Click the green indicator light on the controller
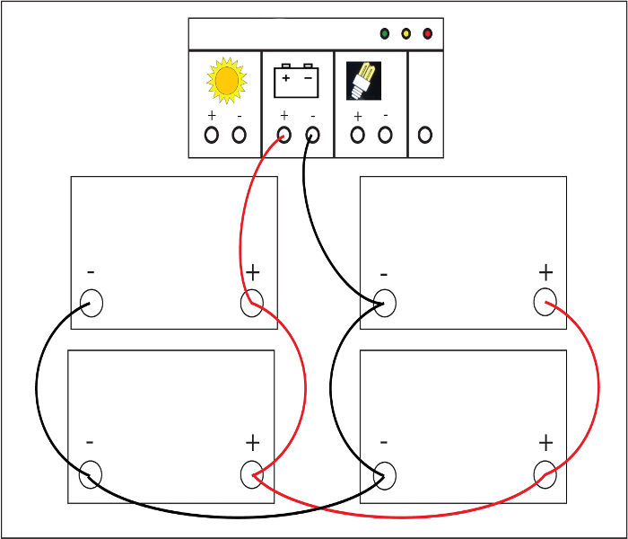(384, 34)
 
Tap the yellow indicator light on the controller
(406, 34)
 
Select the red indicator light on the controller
(427, 34)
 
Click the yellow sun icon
(226, 80)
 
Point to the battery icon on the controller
(296, 81)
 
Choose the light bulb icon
(363, 80)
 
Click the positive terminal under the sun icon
(212, 135)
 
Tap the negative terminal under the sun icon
(239, 135)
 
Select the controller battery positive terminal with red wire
(284, 135)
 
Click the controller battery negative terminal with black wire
(312, 135)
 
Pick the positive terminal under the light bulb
(358, 135)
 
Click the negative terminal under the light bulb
(385, 135)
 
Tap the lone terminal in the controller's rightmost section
(425, 135)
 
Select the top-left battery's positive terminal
(252, 303)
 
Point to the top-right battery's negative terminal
(384, 303)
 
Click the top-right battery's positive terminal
(545, 303)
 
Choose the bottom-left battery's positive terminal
(252, 474)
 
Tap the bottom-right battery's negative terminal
(384, 474)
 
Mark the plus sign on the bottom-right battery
(545, 443)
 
